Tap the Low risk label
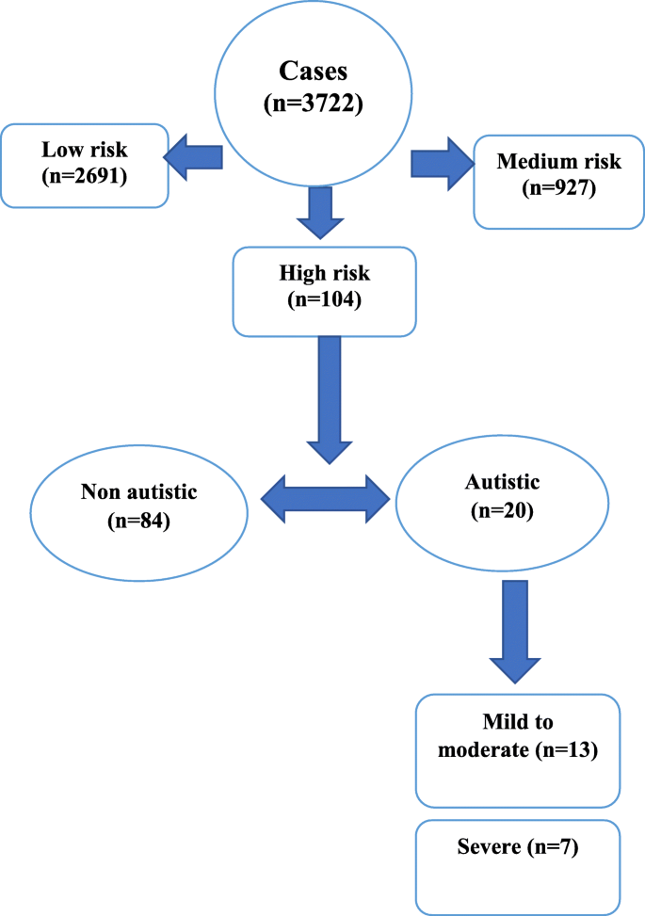point(84,150)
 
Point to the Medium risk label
point(559,161)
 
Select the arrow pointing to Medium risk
point(441,161)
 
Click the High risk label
point(323,273)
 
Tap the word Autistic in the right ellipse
point(502,482)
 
